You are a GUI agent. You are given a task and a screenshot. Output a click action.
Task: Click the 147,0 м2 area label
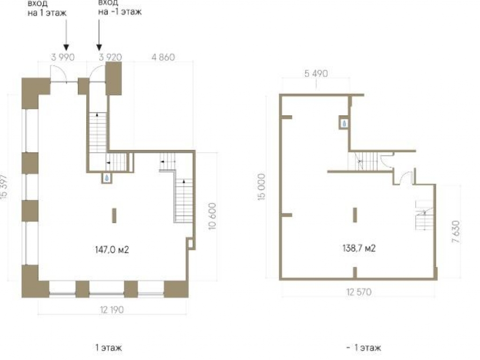[112, 250]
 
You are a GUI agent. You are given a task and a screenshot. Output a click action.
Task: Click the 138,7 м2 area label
[359, 248]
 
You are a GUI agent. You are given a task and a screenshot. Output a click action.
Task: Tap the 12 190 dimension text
[112, 310]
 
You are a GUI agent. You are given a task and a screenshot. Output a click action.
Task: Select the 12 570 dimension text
[359, 292]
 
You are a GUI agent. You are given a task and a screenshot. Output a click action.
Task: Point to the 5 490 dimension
[316, 74]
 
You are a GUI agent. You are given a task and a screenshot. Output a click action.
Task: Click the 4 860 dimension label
[163, 57]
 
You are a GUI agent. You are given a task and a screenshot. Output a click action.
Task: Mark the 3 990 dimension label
[63, 57]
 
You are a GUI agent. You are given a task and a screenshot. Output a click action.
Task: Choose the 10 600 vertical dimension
[212, 216]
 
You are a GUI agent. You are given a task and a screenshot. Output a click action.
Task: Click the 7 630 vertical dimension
[456, 232]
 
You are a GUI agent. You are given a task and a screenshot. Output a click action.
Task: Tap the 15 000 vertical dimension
[262, 187]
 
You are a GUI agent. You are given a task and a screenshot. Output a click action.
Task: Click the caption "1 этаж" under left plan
[108, 348]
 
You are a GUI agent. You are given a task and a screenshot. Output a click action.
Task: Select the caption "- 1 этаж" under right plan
[364, 348]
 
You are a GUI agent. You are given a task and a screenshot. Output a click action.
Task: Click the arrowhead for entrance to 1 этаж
[66, 47]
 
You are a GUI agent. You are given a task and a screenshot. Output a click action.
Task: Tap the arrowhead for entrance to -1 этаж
[99, 47]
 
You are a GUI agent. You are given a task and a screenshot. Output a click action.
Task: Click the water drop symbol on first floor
[106, 178]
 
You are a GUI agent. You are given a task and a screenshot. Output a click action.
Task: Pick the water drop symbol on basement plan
[345, 123]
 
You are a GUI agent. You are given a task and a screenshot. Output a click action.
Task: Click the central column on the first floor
[114, 216]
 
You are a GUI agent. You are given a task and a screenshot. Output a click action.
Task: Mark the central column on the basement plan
[355, 215]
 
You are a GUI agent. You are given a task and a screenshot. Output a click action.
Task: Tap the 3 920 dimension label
[110, 57]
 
